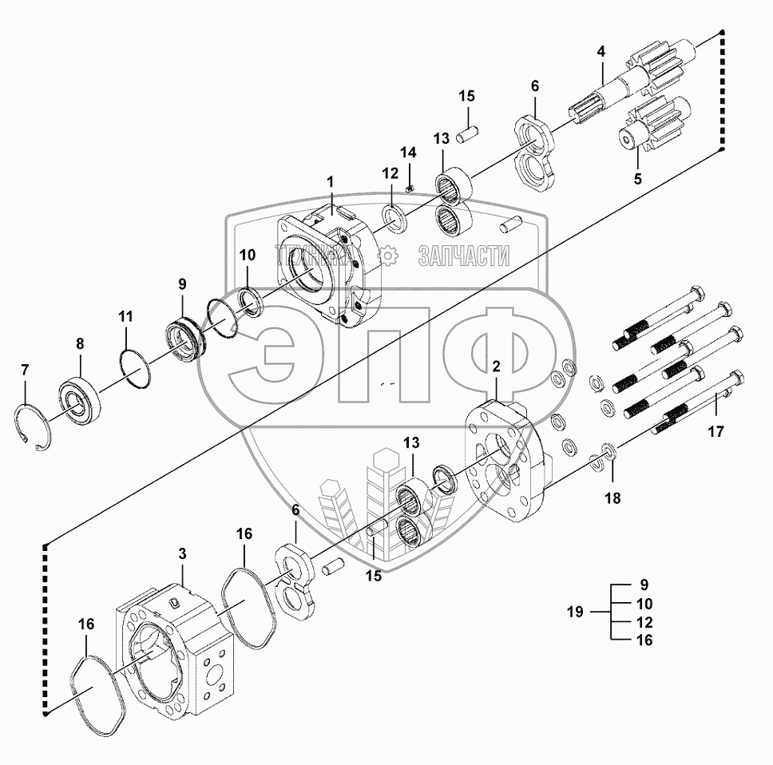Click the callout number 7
25,370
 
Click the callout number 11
125,316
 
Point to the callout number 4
601,52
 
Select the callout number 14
408,152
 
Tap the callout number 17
716,432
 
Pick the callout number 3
182,552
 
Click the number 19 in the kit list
574,612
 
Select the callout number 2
496,367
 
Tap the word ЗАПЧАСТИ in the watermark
463,255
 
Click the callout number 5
637,179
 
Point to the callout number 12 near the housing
389,173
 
